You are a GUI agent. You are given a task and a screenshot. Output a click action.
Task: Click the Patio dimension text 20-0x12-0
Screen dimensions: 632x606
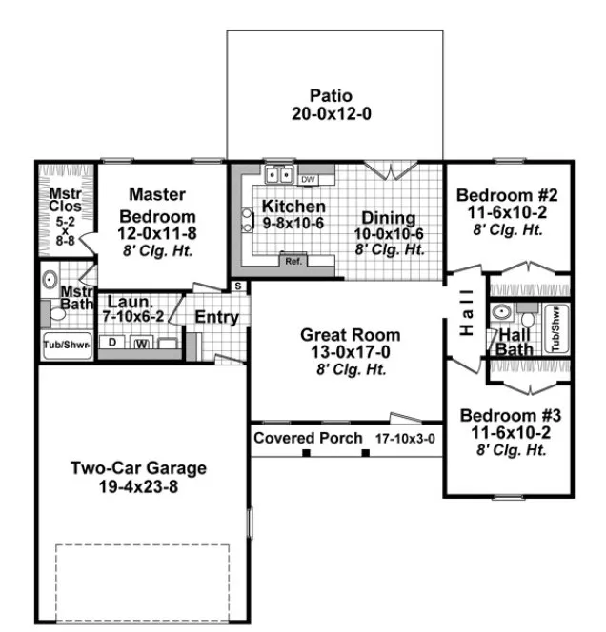(x=331, y=113)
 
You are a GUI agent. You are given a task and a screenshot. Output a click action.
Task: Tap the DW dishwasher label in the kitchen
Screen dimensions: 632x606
(x=308, y=178)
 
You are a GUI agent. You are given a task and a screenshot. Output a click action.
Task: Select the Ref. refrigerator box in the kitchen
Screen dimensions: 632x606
(x=293, y=260)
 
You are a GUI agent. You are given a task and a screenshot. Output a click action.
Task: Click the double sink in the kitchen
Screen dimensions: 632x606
(x=278, y=175)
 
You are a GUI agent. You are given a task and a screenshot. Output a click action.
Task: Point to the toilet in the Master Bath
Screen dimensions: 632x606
(x=50, y=282)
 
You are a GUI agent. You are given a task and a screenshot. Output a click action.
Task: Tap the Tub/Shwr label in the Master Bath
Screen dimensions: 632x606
(x=65, y=345)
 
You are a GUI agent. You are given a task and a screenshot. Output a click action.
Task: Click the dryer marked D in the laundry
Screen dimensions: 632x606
(x=112, y=342)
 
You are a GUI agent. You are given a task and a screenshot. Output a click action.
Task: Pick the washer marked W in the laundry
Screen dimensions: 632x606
(x=142, y=343)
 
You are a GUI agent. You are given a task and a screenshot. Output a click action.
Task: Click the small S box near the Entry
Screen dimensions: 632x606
(x=237, y=286)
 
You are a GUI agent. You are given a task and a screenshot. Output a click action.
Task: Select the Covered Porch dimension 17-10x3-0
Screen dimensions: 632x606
(x=403, y=439)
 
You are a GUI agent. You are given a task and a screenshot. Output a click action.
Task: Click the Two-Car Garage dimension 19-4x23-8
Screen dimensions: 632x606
(x=137, y=487)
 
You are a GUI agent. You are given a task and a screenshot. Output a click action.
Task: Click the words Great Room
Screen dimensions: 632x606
(x=350, y=335)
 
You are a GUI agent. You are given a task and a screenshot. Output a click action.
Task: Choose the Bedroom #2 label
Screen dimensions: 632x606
(x=507, y=195)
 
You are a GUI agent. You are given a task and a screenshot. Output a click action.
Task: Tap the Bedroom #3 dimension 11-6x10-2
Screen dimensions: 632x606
(x=511, y=432)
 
